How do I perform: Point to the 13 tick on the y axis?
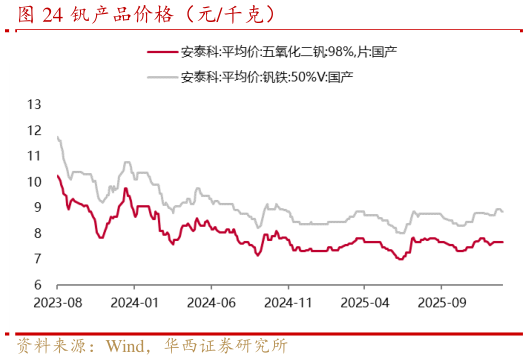[x=35, y=104]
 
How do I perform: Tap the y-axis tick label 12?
[x=35, y=130]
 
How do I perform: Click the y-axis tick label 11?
[x=35, y=156]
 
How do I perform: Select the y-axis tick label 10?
[x=35, y=182]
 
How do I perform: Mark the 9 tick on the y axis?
[x=37, y=208]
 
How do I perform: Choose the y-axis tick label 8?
[x=37, y=234]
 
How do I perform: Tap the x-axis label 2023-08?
[x=58, y=301]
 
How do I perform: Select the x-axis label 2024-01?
[x=135, y=301]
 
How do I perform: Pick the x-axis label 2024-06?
[x=212, y=301]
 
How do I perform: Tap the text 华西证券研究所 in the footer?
[x=224, y=346]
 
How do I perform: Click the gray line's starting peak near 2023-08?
[x=59, y=137]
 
